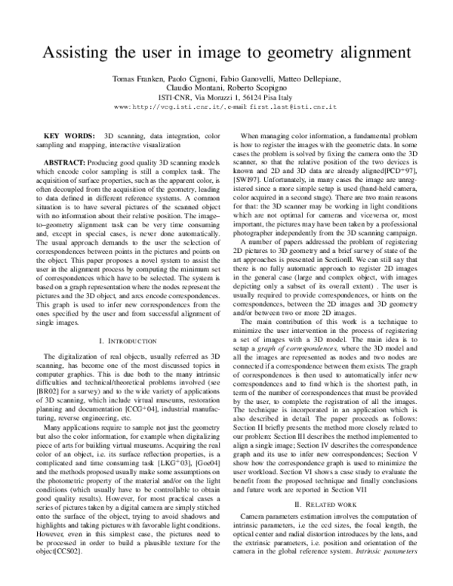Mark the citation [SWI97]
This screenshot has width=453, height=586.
point(250,193)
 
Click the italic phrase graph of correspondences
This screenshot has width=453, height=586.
point(294,353)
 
